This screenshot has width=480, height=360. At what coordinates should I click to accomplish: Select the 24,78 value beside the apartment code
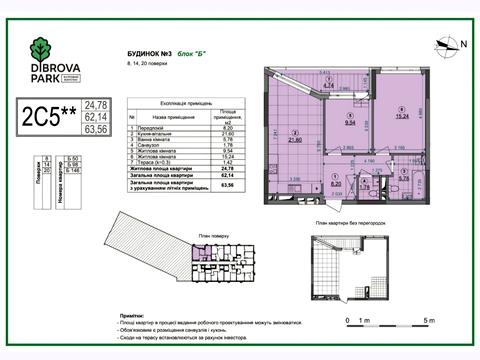(96, 104)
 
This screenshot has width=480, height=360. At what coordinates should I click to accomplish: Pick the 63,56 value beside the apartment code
(96, 128)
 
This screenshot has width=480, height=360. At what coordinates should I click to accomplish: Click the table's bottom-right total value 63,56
(230, 182)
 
